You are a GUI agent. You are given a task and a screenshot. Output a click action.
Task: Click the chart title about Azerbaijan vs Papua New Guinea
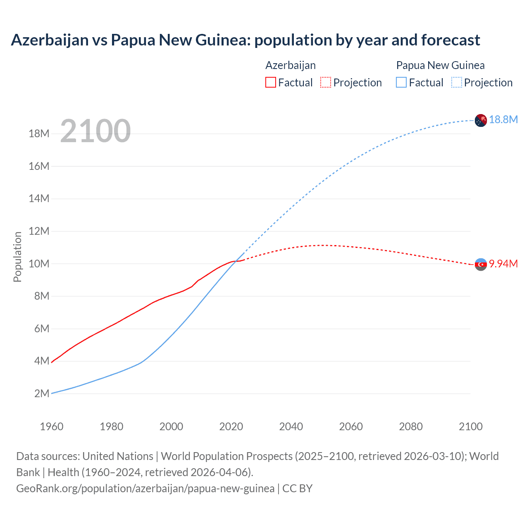point(245,40)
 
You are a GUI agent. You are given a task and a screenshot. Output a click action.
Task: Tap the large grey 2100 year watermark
point(95,131)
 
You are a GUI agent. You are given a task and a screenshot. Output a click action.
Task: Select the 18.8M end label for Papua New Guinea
point(503,119)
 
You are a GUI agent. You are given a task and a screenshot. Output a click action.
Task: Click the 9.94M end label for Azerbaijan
point(503,264)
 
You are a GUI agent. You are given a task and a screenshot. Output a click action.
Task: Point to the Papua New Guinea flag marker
point(481,120)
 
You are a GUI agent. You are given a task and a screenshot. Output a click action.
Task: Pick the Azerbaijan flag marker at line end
point(481,264)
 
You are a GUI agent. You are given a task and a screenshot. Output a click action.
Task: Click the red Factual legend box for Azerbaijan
point(271,83)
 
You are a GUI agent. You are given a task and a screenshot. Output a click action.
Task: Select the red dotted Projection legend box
point(326,83)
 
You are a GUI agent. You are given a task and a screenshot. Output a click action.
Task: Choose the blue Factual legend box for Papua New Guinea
point(401,83)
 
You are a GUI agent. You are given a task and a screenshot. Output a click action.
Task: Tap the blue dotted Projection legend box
point(457,83)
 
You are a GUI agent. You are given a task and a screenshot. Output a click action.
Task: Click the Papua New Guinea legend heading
point(440,65)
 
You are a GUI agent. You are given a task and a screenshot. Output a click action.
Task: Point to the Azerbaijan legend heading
point(291,65)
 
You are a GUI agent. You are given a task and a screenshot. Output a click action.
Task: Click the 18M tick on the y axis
point(39,133)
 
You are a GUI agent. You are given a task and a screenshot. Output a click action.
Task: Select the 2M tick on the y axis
point(42,393)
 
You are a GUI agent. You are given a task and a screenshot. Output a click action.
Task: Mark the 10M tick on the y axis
point(39,264)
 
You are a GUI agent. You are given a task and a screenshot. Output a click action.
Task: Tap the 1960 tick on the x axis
point(52,427)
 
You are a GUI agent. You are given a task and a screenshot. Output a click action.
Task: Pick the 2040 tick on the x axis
point(291,427)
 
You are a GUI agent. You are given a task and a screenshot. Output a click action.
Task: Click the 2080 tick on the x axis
point(411,427)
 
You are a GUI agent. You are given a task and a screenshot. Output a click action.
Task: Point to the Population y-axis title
point(17,257)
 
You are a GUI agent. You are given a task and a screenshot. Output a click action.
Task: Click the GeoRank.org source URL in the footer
point(145,488)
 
